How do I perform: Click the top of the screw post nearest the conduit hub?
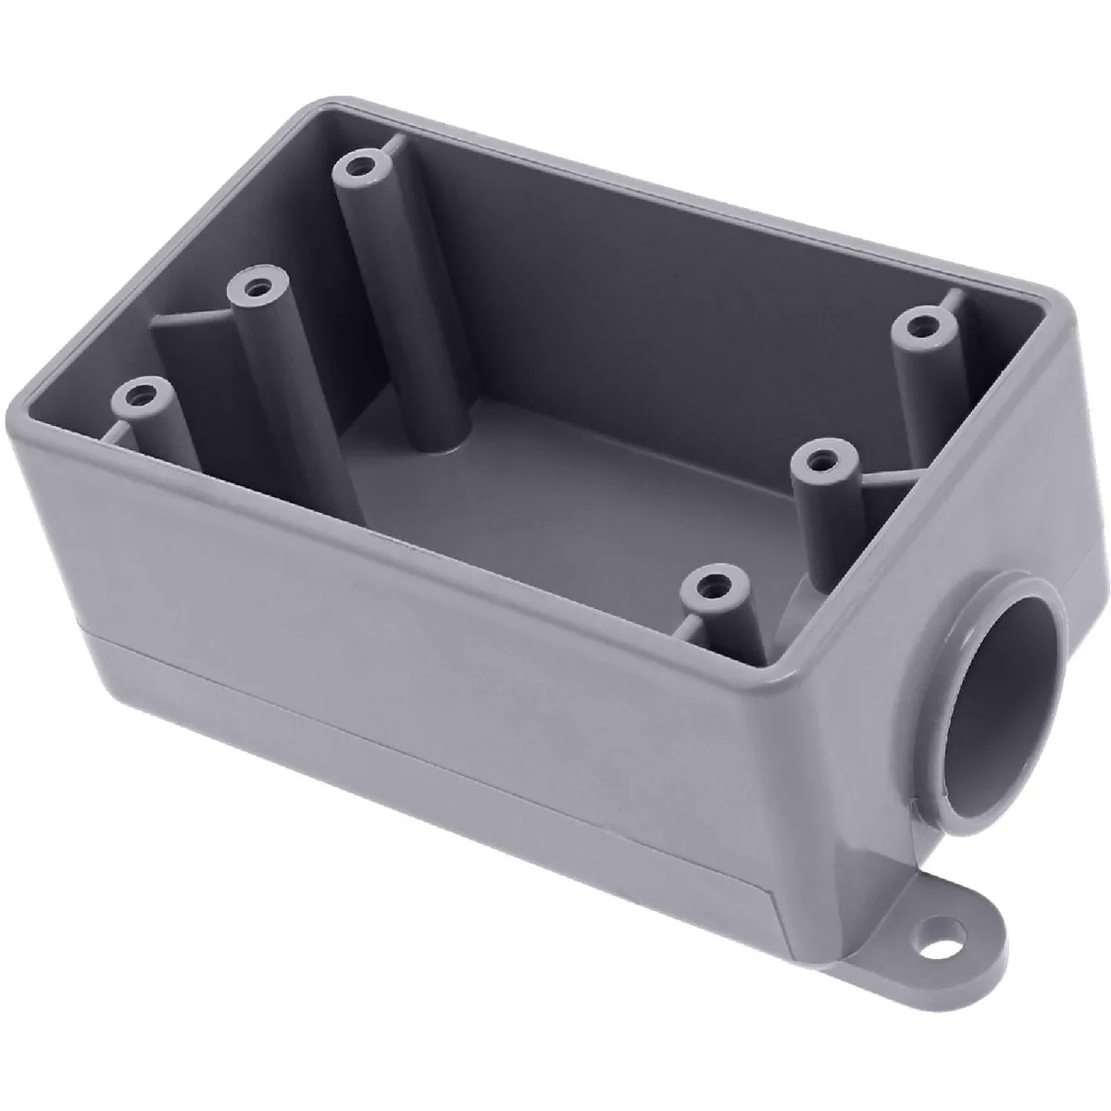pos(712,587)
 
